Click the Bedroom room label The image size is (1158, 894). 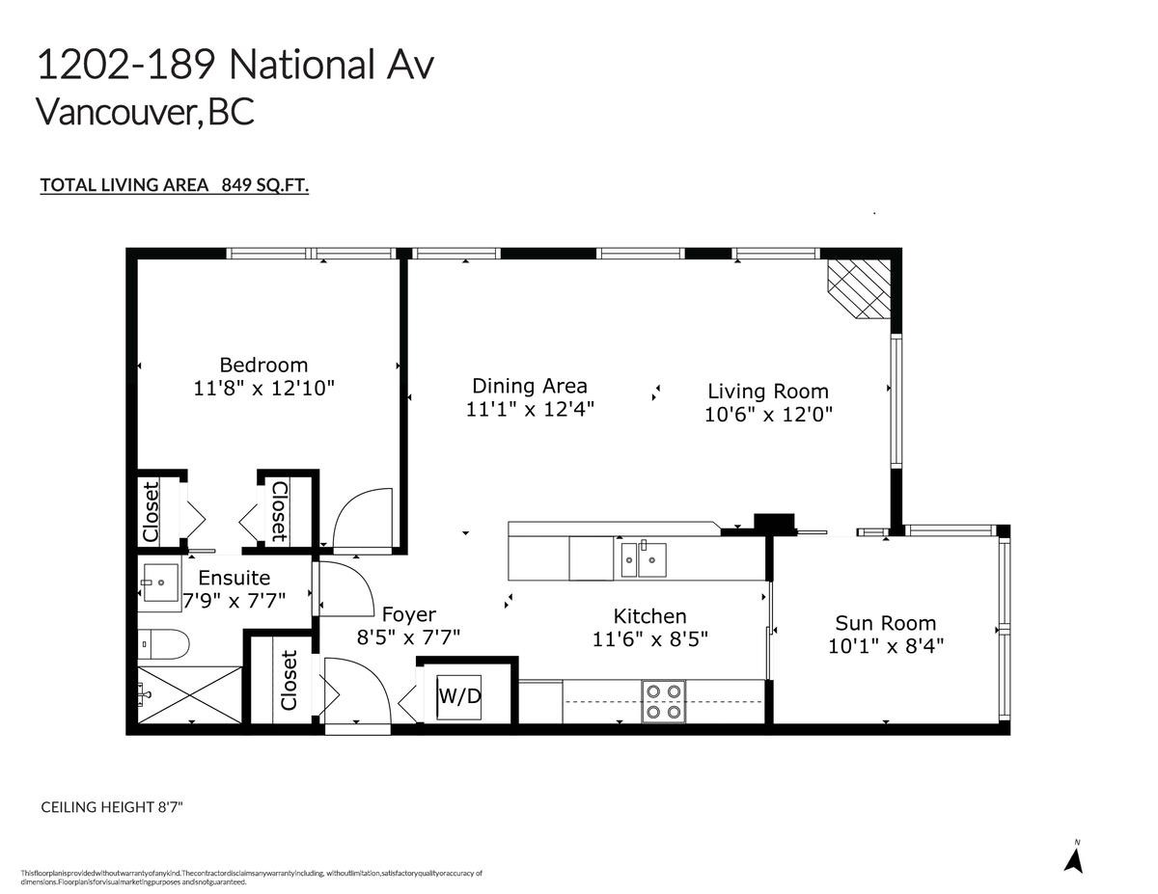click(263, 365)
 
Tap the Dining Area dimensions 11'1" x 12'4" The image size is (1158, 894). click(529, 409)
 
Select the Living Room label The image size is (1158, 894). click(767, 391)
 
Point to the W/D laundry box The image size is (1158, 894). click(459, 695)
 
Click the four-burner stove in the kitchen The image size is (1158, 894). click(663, 701)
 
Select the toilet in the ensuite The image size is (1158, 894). click(158, 642)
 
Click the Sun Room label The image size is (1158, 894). click(885, 623)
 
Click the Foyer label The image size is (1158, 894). click(408, 614)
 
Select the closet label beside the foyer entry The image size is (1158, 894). click(289, 680)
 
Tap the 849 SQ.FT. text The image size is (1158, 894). click(264, 185)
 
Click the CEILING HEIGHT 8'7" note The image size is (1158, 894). click(111, 806)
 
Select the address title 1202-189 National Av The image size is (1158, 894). click(234, 66)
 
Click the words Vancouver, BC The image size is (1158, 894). click(145, 112)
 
